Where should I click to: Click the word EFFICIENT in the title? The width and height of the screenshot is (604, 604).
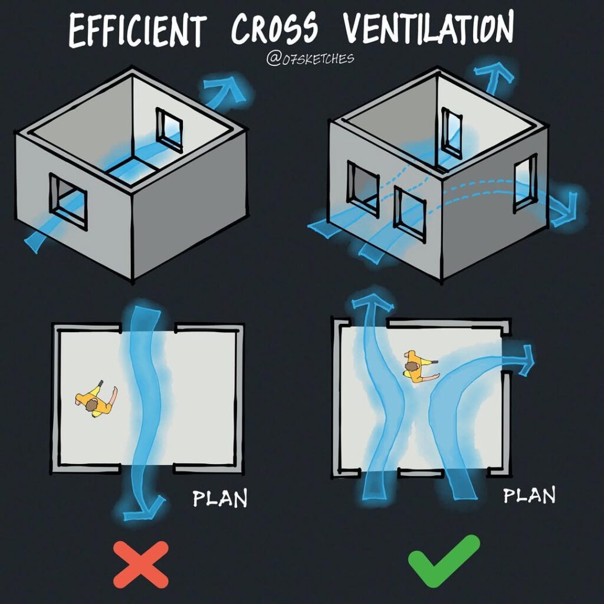pos(137,29)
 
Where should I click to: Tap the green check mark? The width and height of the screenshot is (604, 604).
pos(444,559)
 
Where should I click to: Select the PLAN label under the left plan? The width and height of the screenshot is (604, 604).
pos(220,498)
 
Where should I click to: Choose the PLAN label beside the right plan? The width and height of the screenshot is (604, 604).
pos(529,495)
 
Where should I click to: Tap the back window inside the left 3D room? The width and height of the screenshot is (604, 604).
pos(169,130)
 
